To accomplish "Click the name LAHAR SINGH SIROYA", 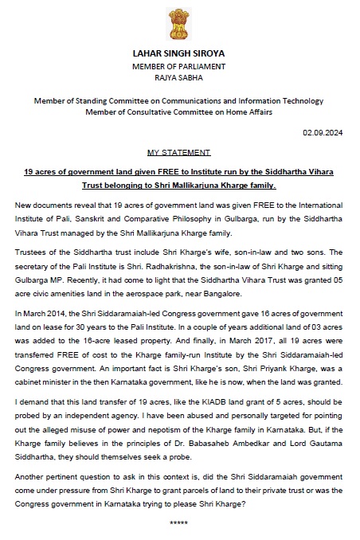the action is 180,53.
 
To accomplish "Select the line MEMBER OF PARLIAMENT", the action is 180,66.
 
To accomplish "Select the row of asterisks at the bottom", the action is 180,522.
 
